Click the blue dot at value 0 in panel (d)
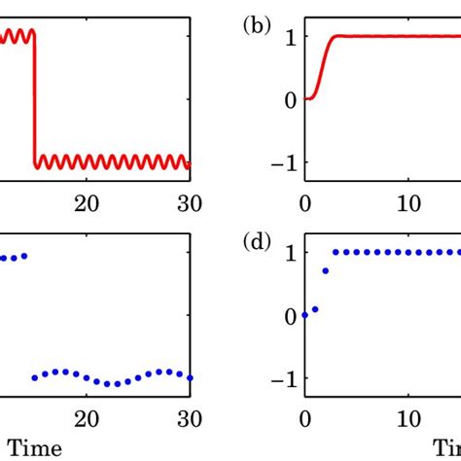click(305, 315)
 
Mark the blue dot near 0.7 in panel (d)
click(325, 270)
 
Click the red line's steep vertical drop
click(35, 97)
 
